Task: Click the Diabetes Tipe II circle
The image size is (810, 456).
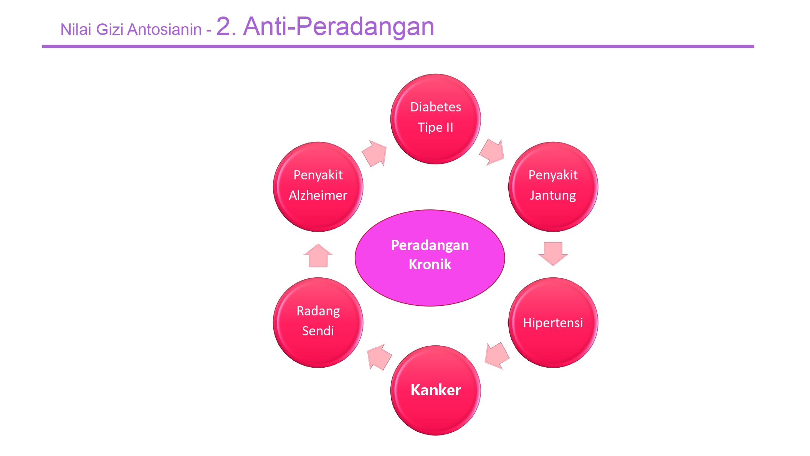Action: (435, 119)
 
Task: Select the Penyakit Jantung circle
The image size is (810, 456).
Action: (553, 187)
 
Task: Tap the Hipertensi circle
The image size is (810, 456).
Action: (553, 323)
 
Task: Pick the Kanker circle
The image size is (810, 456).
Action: (435, 390)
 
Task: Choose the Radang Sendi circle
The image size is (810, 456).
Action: (318, 323)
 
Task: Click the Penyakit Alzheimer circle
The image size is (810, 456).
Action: (318, 187)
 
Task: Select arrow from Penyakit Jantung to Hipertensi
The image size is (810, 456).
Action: (553, 253)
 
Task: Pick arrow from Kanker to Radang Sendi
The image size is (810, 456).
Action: (379, 357)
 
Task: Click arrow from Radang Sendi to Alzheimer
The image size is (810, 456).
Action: (318, 256)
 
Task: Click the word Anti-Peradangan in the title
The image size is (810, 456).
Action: (338, 27)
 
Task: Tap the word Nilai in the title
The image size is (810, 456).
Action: (76, 30)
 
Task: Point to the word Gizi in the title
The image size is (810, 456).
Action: (109, 30)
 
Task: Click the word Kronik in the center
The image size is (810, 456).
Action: (430, 264)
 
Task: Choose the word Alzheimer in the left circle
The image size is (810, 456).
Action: (318, 195)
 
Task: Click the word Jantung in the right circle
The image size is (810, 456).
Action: (553, 195)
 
